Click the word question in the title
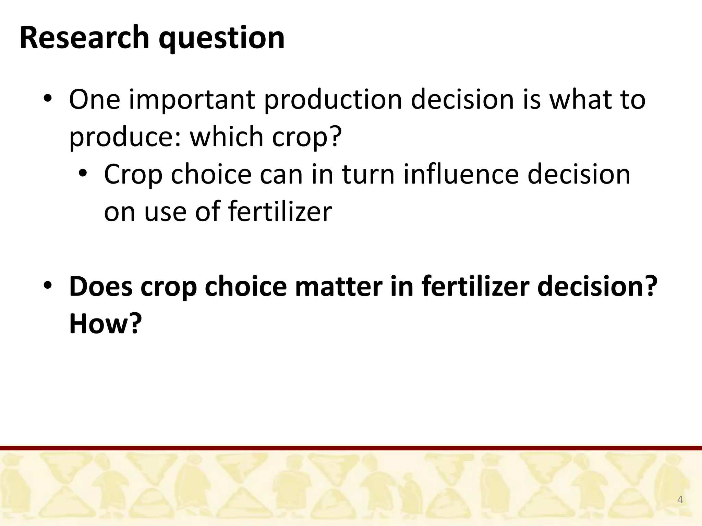pyautogui.click(x=221, y=38)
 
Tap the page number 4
pyautogui.click(x=680, y=500)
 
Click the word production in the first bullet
pyautogui.click(x=333, y=100)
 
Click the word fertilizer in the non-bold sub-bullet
pyautogui.click(x=280, y=212)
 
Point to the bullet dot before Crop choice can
pyautogui.click(x=83, y=174)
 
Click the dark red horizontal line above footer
pyautogui.click(x=351, y=448)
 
